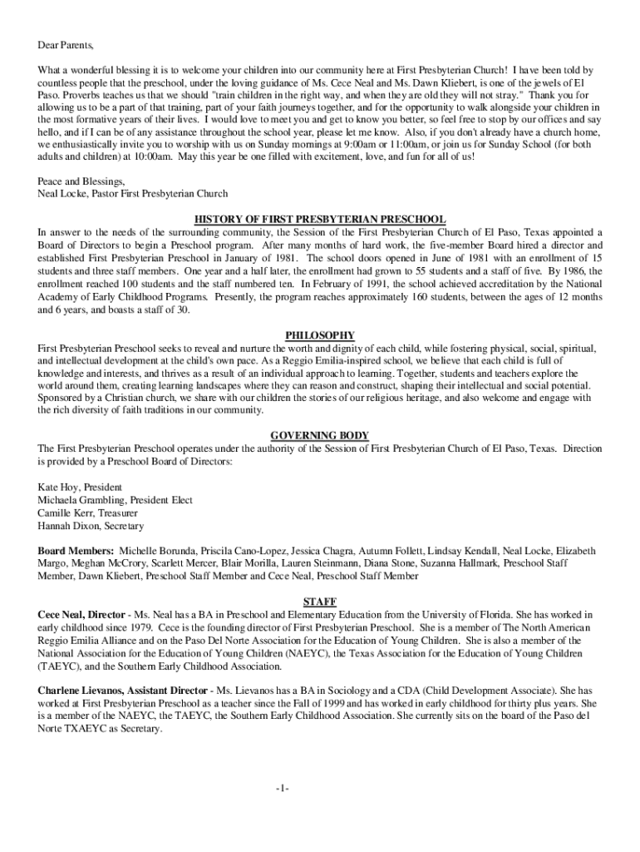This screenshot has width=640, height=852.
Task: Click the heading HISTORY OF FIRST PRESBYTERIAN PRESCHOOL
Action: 320,220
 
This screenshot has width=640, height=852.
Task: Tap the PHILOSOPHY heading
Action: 320,335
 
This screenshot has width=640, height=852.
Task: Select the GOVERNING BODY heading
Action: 320,436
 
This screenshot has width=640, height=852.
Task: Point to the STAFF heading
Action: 320,602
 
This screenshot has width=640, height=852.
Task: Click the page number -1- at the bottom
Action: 283,789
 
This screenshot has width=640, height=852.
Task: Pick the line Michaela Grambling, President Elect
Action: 115,500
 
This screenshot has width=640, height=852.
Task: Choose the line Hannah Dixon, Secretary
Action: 91,527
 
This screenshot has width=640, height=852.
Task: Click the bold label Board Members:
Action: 76,552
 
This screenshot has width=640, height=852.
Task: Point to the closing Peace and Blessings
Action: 81,181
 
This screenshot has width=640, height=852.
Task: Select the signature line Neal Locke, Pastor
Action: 133,195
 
